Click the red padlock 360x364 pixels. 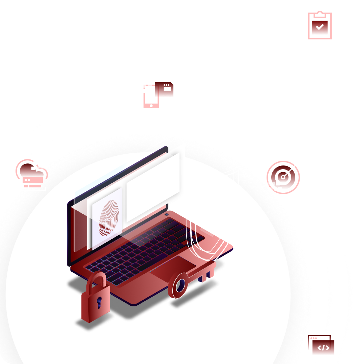pos(95,302)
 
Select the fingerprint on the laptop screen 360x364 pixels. pos(109,217)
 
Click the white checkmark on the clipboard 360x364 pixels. pos(320,27)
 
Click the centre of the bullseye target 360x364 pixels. pos(283,177)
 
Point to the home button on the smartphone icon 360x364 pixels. pos(151,105)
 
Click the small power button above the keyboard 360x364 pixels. pos(166,214)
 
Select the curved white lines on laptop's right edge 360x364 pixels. pos(206,239)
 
